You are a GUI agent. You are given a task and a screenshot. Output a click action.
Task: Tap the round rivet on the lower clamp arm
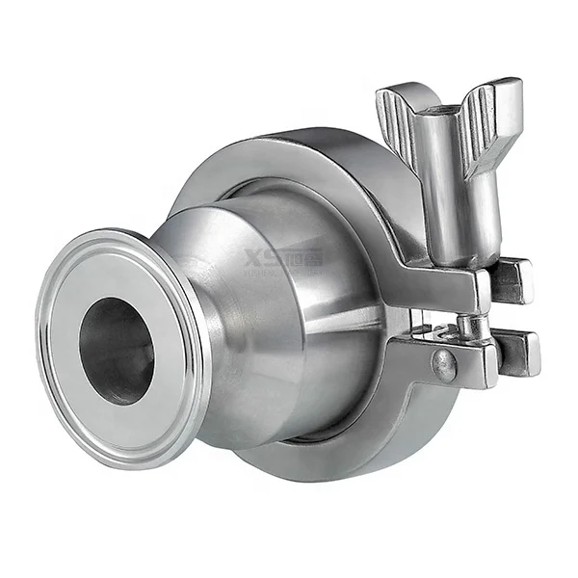point(444,363)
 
